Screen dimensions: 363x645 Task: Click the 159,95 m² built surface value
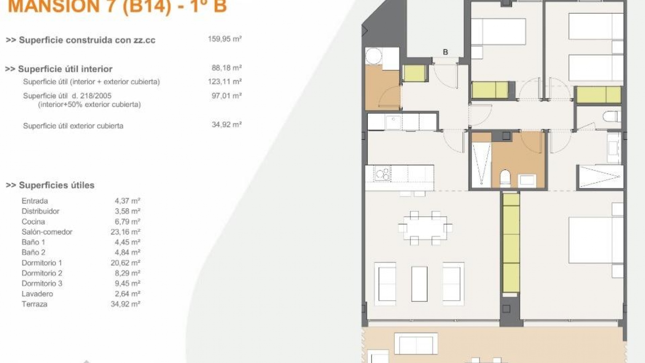click(224, 39)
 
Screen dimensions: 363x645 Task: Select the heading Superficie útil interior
click(65, 69)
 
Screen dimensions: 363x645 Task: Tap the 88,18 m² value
click(226, 68)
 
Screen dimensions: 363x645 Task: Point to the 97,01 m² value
click(226, 96)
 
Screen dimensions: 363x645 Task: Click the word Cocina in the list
click(33, 222)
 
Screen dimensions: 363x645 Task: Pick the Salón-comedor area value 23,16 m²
click(125, 232)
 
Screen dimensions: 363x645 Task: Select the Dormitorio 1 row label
click(42, 263)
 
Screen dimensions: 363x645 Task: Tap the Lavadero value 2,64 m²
click(127, 294)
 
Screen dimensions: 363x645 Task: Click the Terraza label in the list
click(34, 304)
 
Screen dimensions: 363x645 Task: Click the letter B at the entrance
click(445, 52)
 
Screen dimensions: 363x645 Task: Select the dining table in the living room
click(425, 228)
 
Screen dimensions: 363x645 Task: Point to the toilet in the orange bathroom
click(505, 178)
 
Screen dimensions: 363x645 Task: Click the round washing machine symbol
click(374, 56)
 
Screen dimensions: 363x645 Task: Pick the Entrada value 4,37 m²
click(127, 201)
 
